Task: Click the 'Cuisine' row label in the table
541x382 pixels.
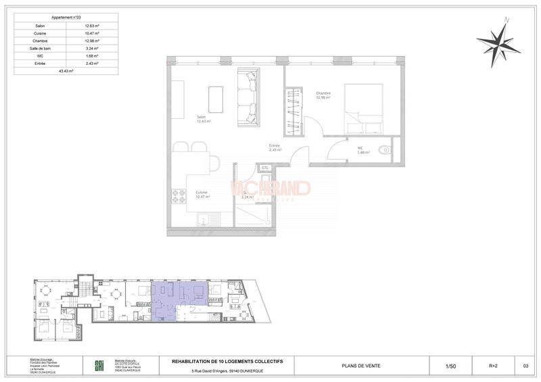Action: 41,33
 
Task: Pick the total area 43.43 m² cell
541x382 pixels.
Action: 66,70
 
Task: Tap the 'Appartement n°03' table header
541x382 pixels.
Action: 66,18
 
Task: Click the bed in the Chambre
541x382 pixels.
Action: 366,110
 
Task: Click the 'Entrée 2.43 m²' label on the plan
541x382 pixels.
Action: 275,148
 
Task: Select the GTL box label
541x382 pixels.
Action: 266,167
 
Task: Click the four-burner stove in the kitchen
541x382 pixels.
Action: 179,196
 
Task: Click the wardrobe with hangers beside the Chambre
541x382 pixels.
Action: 292,110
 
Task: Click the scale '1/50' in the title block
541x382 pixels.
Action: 450,366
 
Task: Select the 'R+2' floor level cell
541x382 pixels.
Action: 494,366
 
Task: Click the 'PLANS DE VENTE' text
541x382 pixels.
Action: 362,366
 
